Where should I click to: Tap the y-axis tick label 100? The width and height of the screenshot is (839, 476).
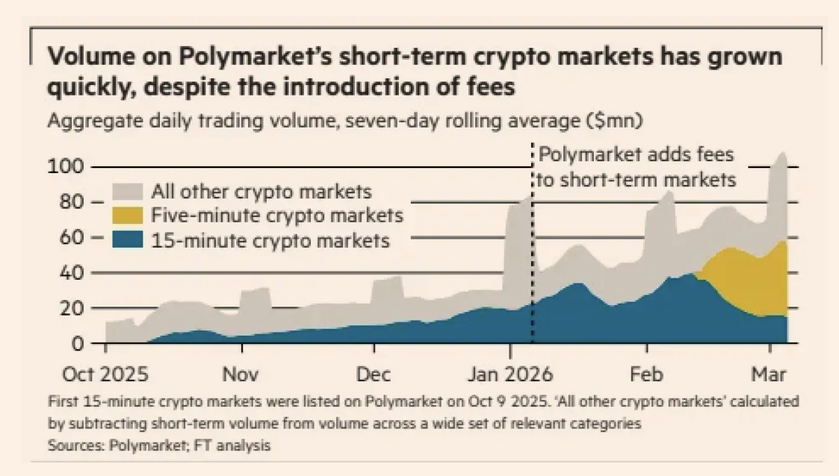[64, 166]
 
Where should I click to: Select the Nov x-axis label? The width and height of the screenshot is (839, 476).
[241, 374]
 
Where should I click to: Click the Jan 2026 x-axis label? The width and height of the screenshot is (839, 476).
[510, 374]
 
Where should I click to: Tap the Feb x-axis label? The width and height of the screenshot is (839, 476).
[647, 374]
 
